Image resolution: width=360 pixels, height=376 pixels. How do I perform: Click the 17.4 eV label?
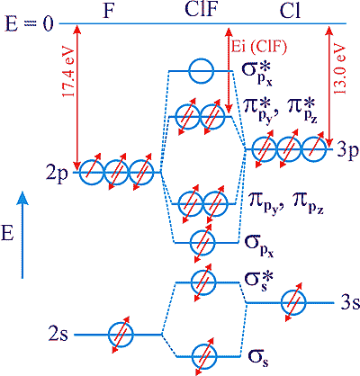pyautogui.click(x=67, y=73)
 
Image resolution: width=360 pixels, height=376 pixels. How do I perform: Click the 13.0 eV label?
pyautogui.click(x=340, y=70)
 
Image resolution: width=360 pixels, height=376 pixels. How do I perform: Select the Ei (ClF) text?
pyautogui.click(x=259, y=47)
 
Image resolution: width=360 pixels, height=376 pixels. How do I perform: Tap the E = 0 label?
pyautogui.click(x=30, y=24)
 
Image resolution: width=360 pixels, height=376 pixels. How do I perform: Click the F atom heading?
pyautogui.click(x=110, y=13)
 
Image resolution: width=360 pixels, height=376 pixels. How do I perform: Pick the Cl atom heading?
pyautogui.click(x=290, y=12)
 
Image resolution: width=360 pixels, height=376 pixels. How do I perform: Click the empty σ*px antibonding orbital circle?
pyautogui.click(x=201, y=71)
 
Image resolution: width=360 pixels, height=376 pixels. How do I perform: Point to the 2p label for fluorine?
pyautogui.click(x=58, y=175)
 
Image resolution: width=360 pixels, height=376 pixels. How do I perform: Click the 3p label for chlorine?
pyautogui.click(x=346, y=151)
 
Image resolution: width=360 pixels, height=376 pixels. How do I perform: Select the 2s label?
pyautogui.click(x=58, y=335)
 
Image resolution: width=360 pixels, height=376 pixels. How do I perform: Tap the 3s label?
pyautogui.click(x=349, y=303)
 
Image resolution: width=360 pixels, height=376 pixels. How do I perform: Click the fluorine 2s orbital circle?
pyautogui.click(x=121, y=335)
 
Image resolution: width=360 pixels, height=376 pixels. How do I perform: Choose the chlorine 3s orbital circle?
pyautogui.click(x=293, y=302)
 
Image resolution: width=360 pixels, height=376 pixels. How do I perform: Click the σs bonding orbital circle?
pyautogui.click(x=204, y=356)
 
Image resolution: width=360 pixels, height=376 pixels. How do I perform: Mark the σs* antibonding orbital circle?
pyautogui.click(x=203, y=282)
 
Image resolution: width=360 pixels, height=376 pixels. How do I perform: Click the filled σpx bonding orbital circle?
pyautogui.click(x=202, y=242)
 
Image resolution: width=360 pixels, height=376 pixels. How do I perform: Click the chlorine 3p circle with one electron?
pyautogui.click(x=314, y=149)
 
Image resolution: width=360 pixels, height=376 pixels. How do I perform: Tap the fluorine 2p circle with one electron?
pyautogui.click(x=92, y=173)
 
